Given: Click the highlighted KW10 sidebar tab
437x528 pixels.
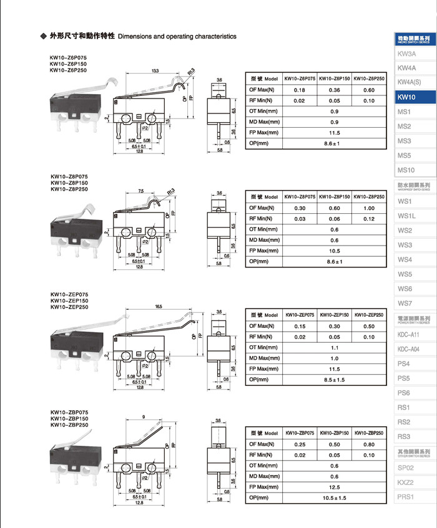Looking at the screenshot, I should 406,97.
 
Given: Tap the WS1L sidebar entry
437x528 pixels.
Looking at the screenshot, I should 406,216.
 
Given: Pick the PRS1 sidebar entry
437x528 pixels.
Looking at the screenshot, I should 406,496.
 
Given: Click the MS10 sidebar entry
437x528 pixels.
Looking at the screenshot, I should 406,170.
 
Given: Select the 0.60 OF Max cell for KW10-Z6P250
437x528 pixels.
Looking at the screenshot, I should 369,90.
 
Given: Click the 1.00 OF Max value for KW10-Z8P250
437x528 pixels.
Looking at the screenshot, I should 369,208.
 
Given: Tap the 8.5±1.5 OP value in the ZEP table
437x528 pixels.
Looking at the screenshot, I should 335,379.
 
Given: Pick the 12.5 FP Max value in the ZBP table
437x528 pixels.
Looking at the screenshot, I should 335,487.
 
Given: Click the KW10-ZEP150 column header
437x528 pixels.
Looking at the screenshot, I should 335,315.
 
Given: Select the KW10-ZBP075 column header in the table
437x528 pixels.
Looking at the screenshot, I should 300,433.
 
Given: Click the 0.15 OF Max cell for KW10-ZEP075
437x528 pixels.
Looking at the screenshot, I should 300,326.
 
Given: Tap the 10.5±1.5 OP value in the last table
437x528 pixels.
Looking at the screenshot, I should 335,497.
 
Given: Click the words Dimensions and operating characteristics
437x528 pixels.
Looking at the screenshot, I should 177,36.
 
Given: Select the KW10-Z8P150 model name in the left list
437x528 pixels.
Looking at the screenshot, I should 69,183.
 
